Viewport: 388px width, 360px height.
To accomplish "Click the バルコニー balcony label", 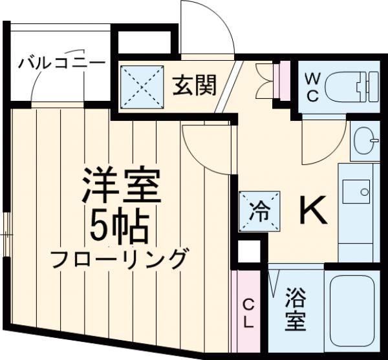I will tap(61, 63).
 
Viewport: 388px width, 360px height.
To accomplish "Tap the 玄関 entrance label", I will tap(193, 85).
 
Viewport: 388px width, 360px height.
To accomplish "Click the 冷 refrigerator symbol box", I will tap(261, 210).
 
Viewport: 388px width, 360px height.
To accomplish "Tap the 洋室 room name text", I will tap(120, 186).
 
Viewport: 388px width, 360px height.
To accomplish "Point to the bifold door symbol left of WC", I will tap(265, 78).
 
